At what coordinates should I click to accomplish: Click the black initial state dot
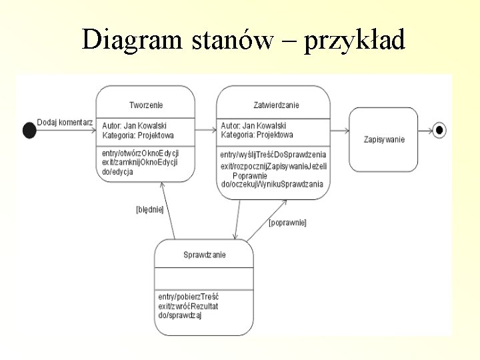pyautogui.click(x=29, y=131)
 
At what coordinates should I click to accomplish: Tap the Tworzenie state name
pyautogui.click(x=145, y=105)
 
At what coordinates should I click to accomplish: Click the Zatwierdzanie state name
pyautogui.click(x=276, y=105)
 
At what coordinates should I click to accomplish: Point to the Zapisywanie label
pyautogui.click(x=384, y=139)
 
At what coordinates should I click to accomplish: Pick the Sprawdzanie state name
pyautogui.click(x=204, y=255)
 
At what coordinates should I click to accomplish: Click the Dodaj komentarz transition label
pyautogui.click(x=65, y=122)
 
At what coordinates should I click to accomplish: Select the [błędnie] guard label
pyautogui.click(x=149, y=209)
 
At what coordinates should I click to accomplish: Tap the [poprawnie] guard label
pyautogui.click(x=287, y=223)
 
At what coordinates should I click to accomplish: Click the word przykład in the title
pyautogui.click(x=355, y=41)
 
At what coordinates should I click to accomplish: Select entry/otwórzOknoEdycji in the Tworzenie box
pyautogui.click(x=140, y=153)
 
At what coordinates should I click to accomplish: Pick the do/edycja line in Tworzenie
pyautogui.click(x=117, y=171)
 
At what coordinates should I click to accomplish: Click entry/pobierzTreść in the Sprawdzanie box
pyautogui.click(x=189, y=296)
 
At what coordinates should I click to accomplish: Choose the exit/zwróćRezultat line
pyautogui.click(x=188, y=305)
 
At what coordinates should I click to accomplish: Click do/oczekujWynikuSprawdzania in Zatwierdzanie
pyautogui.click(x=271, y=183)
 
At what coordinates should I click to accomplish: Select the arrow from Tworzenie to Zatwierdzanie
pyautogui.click(x=206, y=130)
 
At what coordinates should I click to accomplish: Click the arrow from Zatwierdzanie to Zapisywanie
pyautogui.click(x=340, y=130)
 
